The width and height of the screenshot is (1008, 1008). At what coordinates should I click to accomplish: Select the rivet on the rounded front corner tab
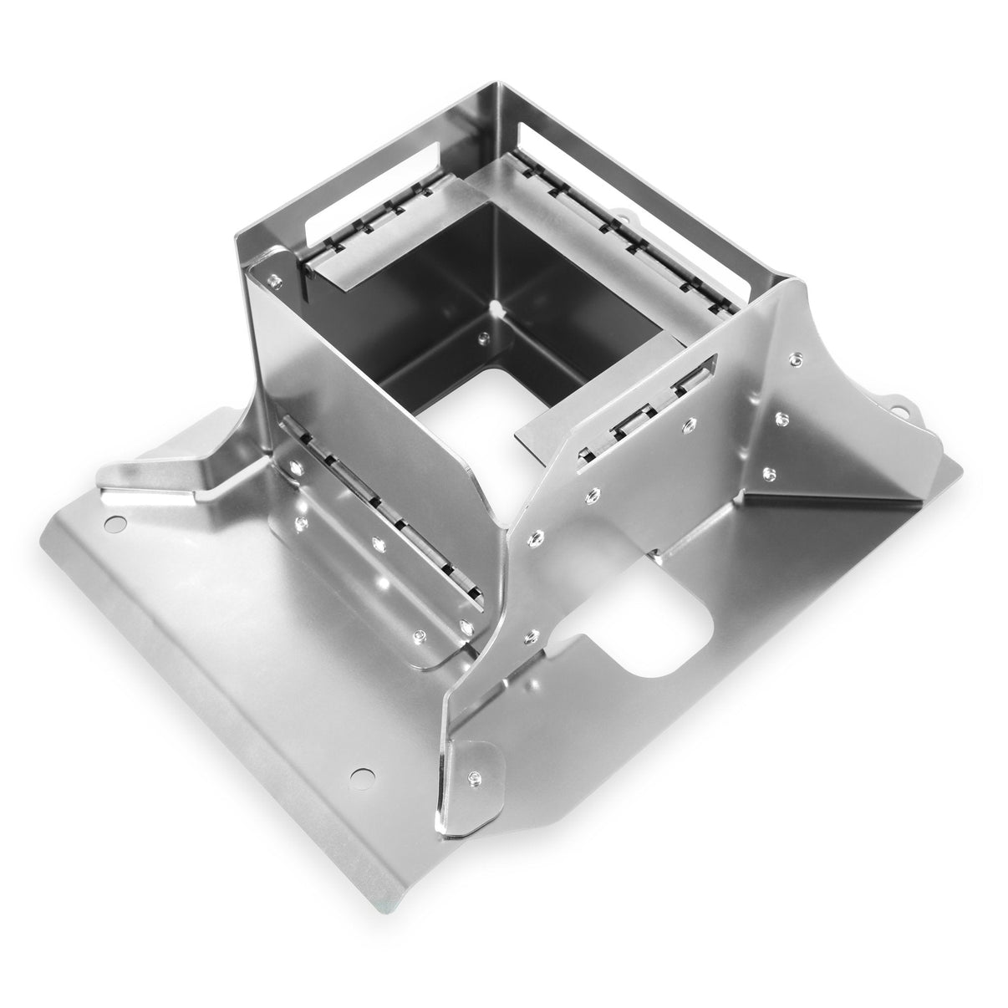click(x=475, y=776)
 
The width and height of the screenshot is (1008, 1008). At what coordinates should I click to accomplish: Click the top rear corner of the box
click(x=500, y=86)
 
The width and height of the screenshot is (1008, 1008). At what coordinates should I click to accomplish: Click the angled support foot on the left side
click(x=159, y=476)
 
